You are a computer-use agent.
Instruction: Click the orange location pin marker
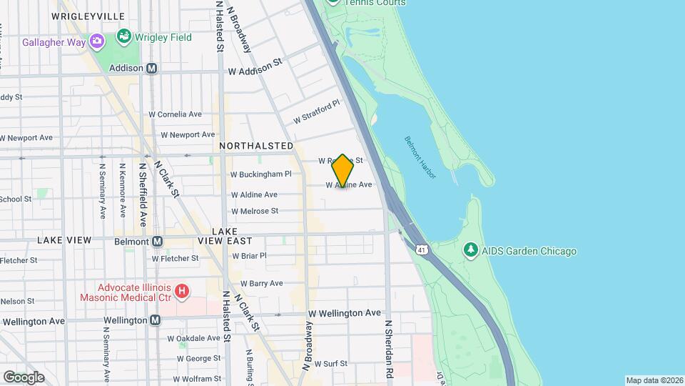pos(342,171)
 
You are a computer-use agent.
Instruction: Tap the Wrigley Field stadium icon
pos(124,36)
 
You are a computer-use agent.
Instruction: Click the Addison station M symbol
pos(151,69)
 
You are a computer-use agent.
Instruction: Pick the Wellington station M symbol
pos(155,320)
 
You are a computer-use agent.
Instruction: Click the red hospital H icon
pos(183,291)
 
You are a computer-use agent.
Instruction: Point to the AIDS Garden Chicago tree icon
pos(470,250)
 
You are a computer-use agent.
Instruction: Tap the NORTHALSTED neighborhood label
pos(256,146)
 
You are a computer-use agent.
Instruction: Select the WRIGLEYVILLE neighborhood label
pos(88,16)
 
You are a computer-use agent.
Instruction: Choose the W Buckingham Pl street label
pos(261,174)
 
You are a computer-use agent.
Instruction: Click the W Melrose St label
pos(255,211)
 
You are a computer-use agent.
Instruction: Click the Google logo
pos(24,377)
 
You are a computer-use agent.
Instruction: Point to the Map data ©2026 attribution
pos(654,380)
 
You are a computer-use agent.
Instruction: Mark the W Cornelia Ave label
pos(175,114)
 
